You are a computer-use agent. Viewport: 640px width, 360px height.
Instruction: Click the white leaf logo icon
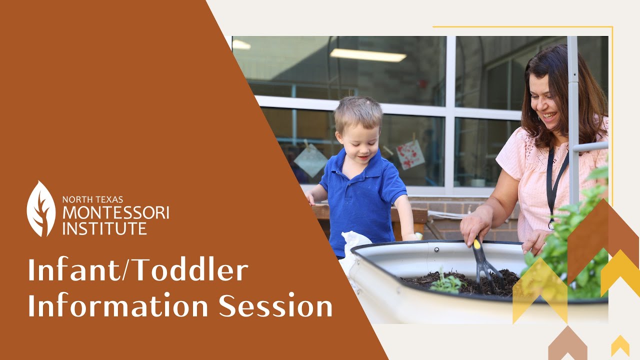pos(41,209)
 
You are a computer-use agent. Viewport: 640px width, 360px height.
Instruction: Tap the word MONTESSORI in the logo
pos(115,213)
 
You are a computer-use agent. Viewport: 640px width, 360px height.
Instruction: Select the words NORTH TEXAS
pos(92,199)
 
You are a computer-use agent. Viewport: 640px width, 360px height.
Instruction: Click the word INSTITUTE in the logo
pos(104,228)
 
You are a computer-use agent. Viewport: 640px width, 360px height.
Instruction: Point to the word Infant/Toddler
pos(138,271)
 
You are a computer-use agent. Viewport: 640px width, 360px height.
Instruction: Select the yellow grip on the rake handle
pos(477,244)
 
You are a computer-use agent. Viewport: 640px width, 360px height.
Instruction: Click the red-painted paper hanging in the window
pos(410,154)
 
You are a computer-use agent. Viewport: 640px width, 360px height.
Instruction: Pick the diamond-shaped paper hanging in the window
pos(310,160)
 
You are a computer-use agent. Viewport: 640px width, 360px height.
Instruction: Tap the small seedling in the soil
pos(446,283)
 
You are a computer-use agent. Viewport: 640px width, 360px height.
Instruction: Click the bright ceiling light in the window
pos(368,55)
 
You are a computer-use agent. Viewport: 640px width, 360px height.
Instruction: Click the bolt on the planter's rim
pos(436,248)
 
